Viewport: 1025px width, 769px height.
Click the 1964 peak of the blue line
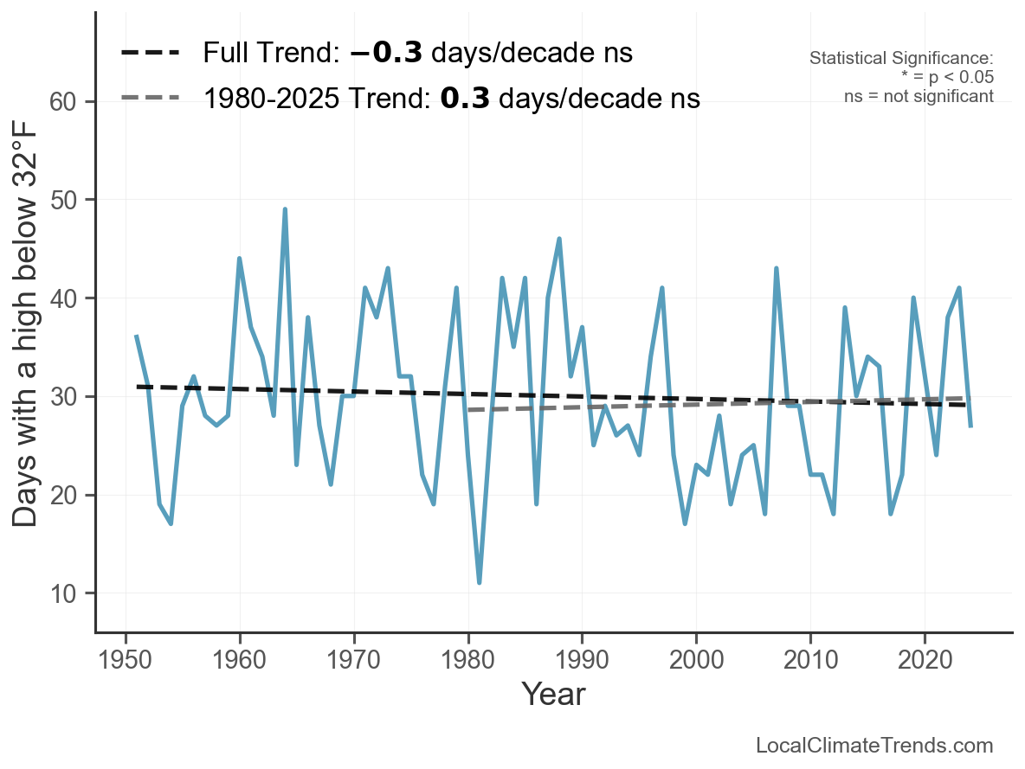pyautogui.click(x=285, y=209)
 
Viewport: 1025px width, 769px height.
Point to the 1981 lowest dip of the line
pyautogui.click(x=479, y=582)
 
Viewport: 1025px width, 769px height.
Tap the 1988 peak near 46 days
pyautogui.click(x=559, y=239)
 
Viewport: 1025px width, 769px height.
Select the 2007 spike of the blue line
pyautogui.click(x=776, y=268)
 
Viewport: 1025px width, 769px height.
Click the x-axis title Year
pyautogui.click(x=553, y=694)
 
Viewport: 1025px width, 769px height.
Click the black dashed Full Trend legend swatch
pyautogui.click(x=150, y=54)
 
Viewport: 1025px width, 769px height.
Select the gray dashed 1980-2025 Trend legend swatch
pyautogui.click(x=150, y=98)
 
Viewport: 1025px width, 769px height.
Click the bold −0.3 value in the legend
pyautogui.click(x=386, y=54)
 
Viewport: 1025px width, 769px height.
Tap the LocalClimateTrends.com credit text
pyautogui.click(x=874, y=746)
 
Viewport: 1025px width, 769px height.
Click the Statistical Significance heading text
pyautogui.click(x=900, y=59)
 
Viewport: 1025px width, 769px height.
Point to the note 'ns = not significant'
pyautogui.click(x=919, y=96)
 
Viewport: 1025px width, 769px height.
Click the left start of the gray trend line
pyautogui.click(x=468, y=409)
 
